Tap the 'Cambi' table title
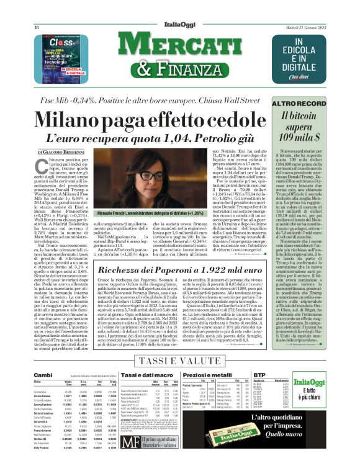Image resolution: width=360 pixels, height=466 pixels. point(43,375)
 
